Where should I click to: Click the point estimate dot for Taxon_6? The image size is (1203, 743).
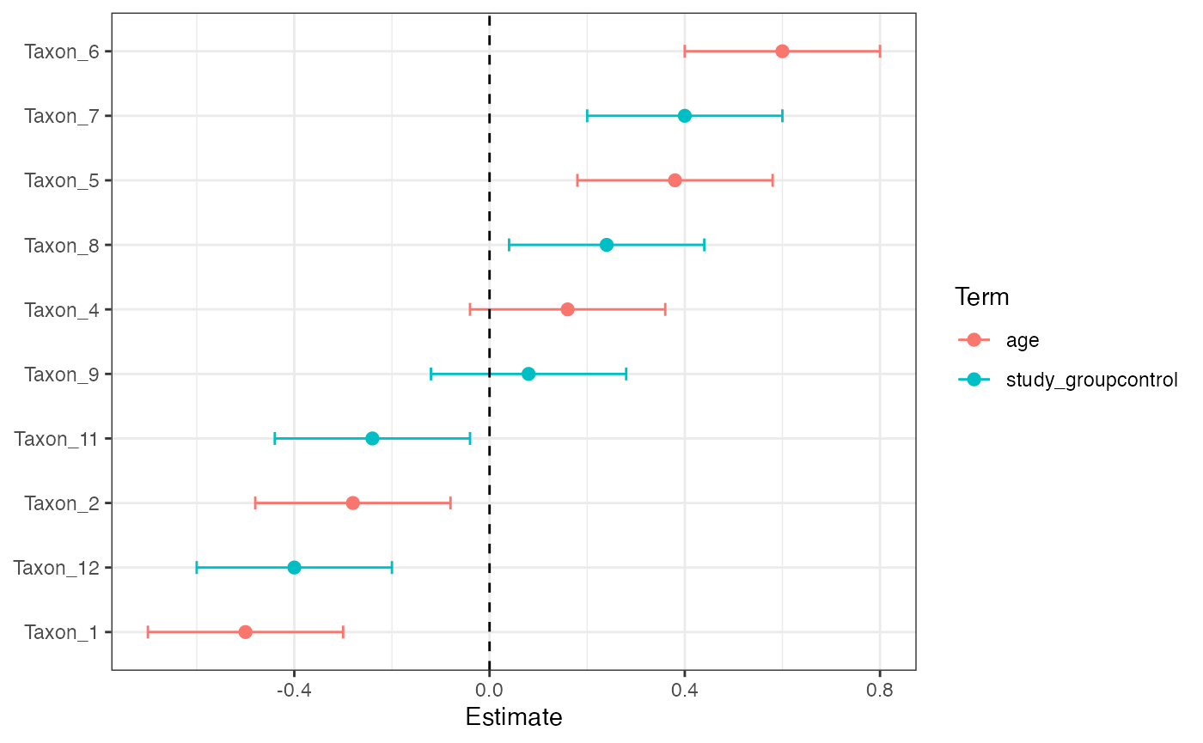(782, 52)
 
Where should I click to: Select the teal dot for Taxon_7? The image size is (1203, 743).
(684, 116)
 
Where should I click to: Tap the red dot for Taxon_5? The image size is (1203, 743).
(675, 180)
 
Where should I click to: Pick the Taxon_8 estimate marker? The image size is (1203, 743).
(607, 245)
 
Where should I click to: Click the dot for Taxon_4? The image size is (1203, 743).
(567, 309)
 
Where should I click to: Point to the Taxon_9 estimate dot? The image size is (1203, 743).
(528, 374)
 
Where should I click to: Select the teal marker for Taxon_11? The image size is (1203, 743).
(372, 438)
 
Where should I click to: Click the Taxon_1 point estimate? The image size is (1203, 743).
(246, 632)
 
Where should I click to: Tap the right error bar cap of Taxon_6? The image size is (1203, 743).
(880, 52)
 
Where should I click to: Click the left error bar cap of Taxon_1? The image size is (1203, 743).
(148, 632)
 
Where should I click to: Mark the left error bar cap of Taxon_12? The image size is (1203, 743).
(197, 568)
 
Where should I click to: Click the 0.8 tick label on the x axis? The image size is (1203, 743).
(879, 690)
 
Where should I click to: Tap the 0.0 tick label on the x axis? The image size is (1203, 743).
(489, 690)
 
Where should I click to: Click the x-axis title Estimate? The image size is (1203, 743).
(514, 717)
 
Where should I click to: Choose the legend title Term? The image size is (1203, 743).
(981, 298)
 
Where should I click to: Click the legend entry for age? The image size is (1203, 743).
(1023, 340)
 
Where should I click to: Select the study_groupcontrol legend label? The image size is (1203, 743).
(1091, 380)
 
